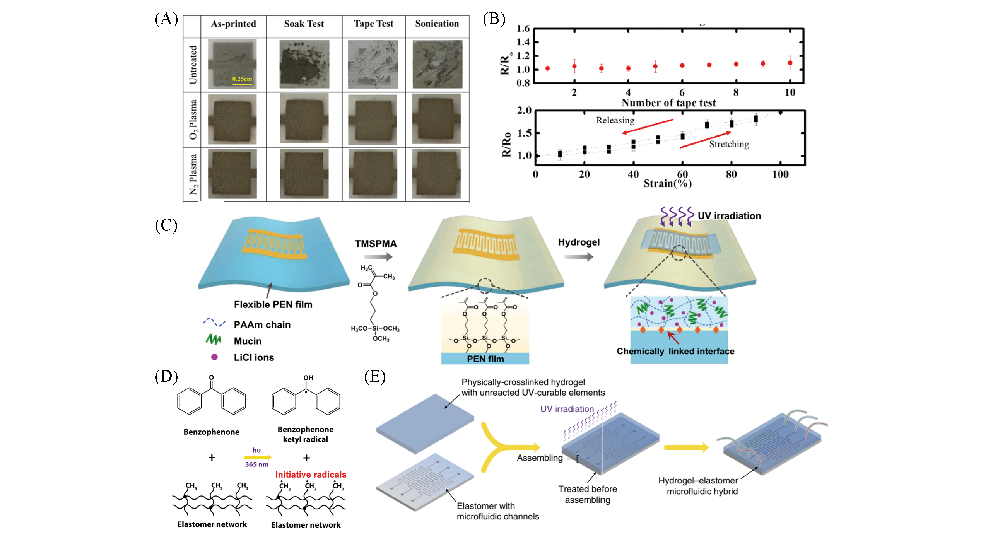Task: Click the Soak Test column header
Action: (x=304, y=24)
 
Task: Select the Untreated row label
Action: (x=193, y=65)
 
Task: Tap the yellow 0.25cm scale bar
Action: (x=242, y=83)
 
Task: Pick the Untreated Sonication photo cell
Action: (x=437, y=64)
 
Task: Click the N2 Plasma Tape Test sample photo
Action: (x=373, y=174)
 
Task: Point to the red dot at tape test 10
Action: (x=790, y=63)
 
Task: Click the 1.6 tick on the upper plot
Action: (x=523, y=29)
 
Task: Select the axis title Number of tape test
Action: (x=668, y=103)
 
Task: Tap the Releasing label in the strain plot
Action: (x=615, y=120)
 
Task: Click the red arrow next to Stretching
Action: (x=705, y=140)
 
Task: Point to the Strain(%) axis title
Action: (x=667, y=183)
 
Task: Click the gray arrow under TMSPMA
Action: (x=378, y=256)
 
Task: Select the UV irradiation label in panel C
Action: (x=729, y=216)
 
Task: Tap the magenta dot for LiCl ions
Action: (x=214, y=357)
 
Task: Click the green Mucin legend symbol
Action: (x=213, y=340)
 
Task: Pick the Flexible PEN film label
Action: (x=273, y=304)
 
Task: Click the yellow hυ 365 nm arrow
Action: (x=257, y=458)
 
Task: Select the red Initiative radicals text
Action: (x=311, y=475)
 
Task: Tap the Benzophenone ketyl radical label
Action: (x=305, y=434)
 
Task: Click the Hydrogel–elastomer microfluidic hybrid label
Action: (x=698, y=486)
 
